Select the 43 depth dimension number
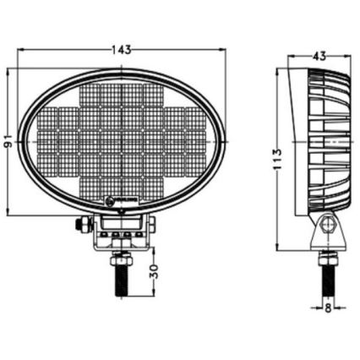[319, 56]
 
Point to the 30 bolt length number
[154, 274]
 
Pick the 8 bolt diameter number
[328, 308]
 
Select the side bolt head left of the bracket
[82, 225]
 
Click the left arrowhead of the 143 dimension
[21, 50]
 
